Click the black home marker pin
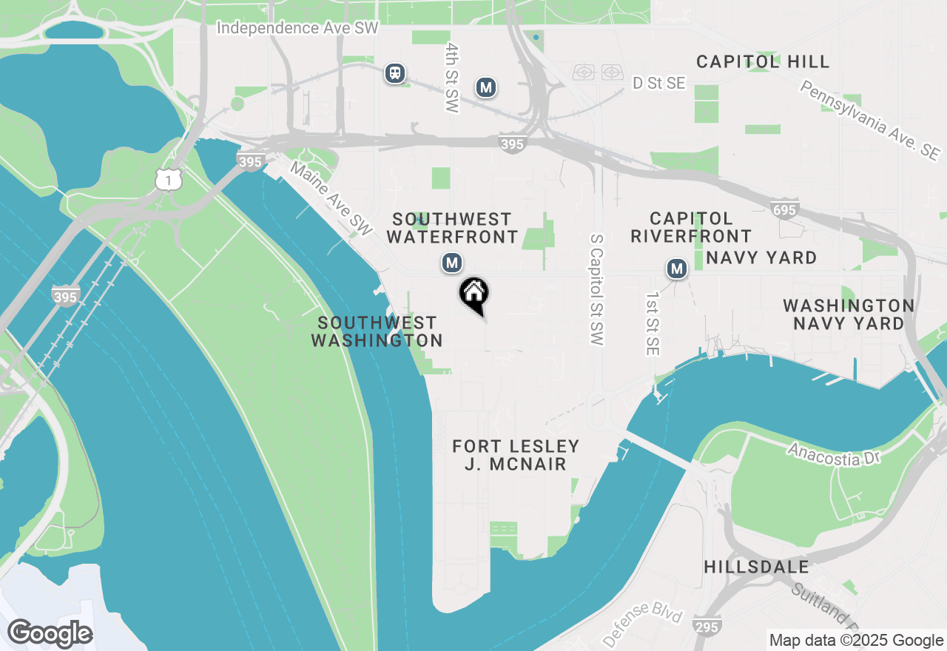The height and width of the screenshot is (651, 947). click(473, 294)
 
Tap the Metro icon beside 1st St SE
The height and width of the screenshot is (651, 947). click(676, 269)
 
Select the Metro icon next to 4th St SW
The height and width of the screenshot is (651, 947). click(485, 87)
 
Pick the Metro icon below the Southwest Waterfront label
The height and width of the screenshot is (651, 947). click(452, 263)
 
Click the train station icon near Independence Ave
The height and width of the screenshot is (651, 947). click(396, 72)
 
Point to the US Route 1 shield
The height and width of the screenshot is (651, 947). click(169, 179)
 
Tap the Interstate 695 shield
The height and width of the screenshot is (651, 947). click(783, 210)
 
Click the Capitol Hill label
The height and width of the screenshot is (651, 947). click(763, 61)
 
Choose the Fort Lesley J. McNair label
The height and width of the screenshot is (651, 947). click(516, 455)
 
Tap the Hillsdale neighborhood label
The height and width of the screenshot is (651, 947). click(756, 567)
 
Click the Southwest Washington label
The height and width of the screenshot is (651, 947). click(377, 331)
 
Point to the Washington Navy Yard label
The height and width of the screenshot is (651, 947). click(849, 314)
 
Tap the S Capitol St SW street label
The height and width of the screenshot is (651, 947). click(597, 290)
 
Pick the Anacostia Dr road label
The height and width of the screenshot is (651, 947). click(835, 453)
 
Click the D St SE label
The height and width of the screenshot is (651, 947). click(659, 84)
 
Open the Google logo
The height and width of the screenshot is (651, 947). click(50, 633)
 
